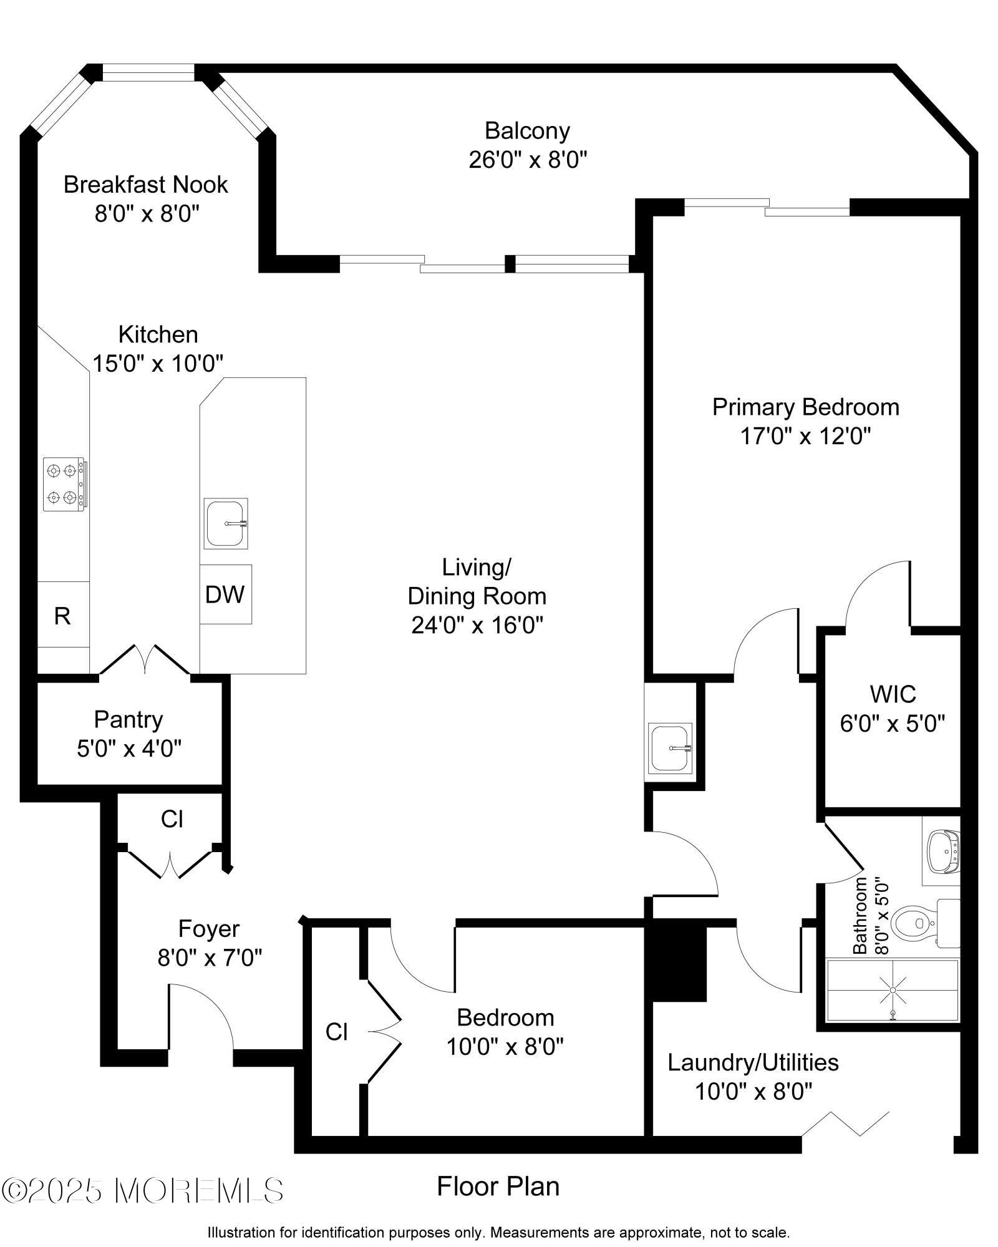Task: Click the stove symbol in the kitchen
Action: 65,484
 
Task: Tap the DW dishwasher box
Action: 226,594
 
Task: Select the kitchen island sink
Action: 226,523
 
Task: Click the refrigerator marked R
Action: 63,615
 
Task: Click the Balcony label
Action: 528,131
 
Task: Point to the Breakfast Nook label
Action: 146,185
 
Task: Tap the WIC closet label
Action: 893,694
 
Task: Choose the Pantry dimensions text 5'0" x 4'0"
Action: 129,748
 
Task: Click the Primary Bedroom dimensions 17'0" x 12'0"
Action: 805,435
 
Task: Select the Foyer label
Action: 209,929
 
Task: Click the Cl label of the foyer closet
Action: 172,819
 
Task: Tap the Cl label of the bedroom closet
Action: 337,1032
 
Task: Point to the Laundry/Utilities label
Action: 753,1062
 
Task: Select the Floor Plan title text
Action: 498,1186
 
